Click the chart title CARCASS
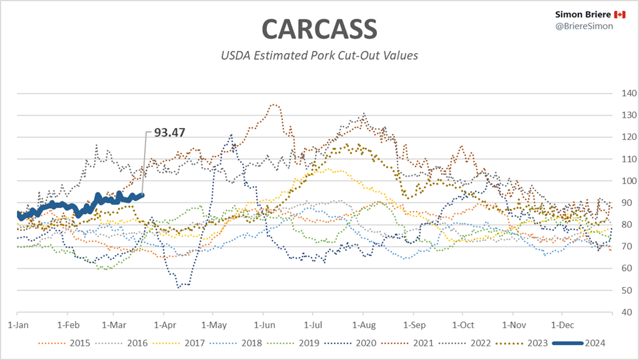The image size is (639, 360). pos(319,29)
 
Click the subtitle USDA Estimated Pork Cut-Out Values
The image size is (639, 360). pos(319,56)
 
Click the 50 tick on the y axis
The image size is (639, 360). pos(622,290)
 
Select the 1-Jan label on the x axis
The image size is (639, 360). pos(17,324)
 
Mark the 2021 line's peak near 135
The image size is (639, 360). pos(273,104)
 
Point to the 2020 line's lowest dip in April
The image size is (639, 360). pos(180,287)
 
